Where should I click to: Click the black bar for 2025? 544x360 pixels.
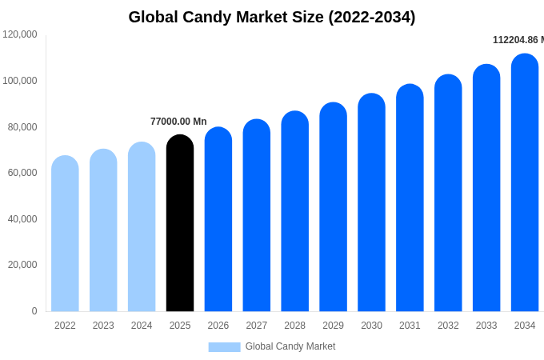click(x=180, y=224)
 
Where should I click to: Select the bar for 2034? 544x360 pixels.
click(x=525, y=184)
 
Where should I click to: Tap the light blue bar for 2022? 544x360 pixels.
click(x=65, y=234)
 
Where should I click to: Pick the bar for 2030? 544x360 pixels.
click(x=371, y=203)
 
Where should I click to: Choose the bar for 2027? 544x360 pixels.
click(x=257, y=216)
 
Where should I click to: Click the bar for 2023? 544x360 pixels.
click(x=103, y=230)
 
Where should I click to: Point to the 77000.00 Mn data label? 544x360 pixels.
click(x=178, y=122)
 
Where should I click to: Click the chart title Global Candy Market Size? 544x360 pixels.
click(x=272, y=17)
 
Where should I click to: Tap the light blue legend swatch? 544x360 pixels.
click(x=224, y=346)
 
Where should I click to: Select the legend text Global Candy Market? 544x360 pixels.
click(x=290, y=346)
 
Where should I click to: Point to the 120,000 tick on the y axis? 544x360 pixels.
click(x=20, y=34)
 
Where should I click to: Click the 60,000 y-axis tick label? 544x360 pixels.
click(x=22, y=173)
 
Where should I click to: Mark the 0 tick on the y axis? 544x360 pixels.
click(x=34, y=311)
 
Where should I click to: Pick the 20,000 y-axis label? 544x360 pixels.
click(x=22, y=265)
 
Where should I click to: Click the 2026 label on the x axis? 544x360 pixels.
click(x=218, y=326)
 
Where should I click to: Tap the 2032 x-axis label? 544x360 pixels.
click(x=448, y=326)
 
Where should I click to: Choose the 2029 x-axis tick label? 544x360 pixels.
click(x=333, y=326)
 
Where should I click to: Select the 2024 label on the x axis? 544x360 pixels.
click(x=142, y=326)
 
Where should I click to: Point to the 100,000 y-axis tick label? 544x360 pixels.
click(x=20, y=81)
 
